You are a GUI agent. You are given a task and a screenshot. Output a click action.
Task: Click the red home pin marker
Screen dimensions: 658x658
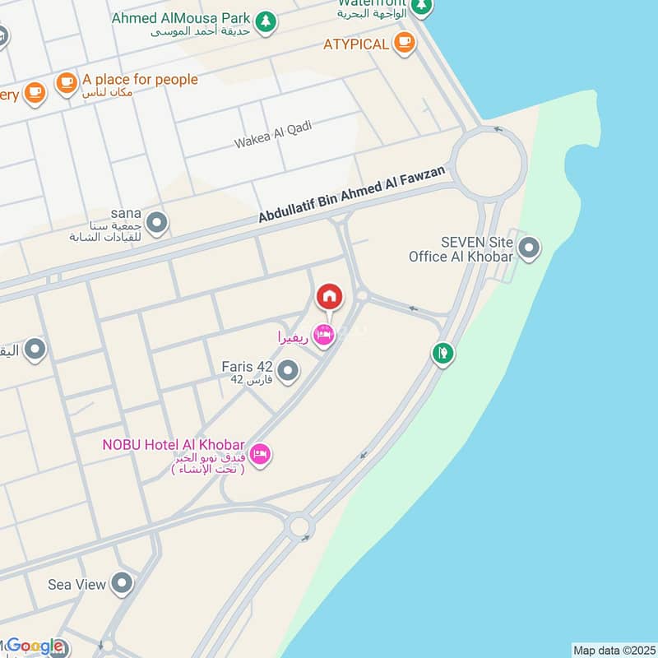pyautogui.click(x=329, y=296)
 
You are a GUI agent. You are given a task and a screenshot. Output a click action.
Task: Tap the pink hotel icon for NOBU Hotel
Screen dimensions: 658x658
pyautogui.click(x=260, y=454)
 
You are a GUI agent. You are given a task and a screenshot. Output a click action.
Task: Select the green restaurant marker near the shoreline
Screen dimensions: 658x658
pyautogui.click(x=443, y=354)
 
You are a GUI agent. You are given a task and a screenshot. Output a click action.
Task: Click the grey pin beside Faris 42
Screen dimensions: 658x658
pyautogui.click(x=287, y=373)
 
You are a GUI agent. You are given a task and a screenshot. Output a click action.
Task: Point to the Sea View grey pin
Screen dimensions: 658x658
pyautogui.click(x=123, y=584)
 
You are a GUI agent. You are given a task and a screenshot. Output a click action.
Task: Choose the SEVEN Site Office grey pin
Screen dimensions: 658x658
pyautogui.click(x=530, y=247)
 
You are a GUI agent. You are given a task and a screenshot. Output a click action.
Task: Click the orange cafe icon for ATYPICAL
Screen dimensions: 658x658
pyautogui.click(x=404, y=43)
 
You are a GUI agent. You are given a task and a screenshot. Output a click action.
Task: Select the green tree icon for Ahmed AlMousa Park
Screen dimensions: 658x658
pyautogui.click(x=265, y=22)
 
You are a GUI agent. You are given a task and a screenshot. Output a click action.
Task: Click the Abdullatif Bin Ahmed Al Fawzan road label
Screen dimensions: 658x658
pyautogui.click(x=356, y=194)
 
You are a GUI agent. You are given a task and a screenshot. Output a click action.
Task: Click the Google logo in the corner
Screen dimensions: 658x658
pyautogui.click(x=35, y=646)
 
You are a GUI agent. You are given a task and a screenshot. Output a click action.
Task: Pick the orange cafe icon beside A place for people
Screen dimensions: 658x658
pyautogui.click(x=67, y=82)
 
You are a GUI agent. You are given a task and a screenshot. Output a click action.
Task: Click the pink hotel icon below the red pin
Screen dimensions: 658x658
pyautogui.click(x=325, y=337)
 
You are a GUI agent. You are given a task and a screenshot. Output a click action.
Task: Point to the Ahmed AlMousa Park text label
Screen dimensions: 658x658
pyautogui.click(x=180, y=16)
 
